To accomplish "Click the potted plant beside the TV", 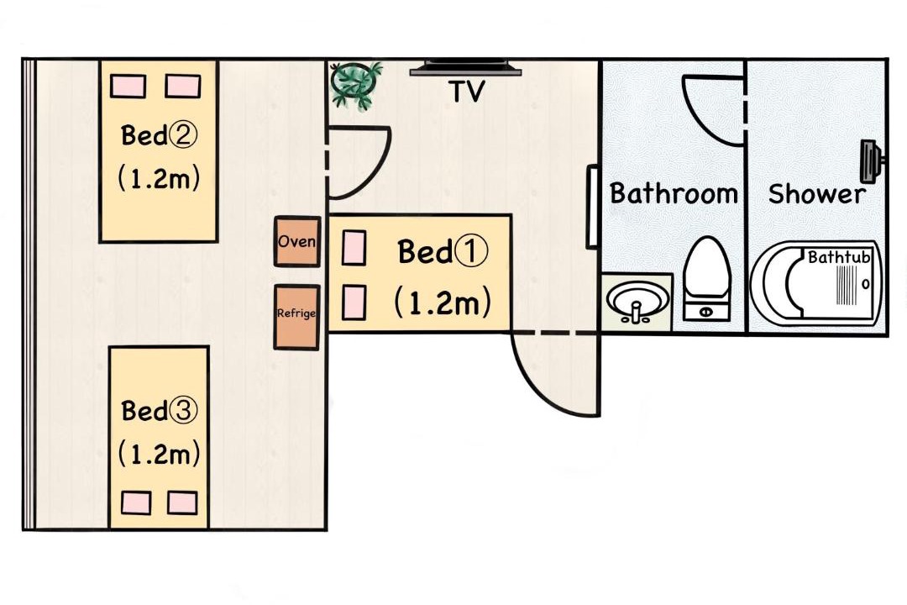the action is [355, 84].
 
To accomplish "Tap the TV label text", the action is [466, 92].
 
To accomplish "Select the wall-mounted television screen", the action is [465, 68].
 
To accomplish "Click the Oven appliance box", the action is [296, 241].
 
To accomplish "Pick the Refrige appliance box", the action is [296, 317].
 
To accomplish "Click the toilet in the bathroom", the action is [705, 278].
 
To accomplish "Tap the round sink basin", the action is [637, 302].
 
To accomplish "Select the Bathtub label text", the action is [839, 256].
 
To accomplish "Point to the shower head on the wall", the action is [871, 160].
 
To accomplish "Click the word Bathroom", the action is [674, 192].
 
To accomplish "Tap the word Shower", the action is [817, 194].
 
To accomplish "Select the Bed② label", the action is [159, 135].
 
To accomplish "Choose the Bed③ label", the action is [159, 410].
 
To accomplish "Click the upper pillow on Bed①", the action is [354, 248].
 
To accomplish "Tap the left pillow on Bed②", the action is [128, 86].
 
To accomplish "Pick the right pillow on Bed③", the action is [182, 502].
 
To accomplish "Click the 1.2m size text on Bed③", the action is [159, 453].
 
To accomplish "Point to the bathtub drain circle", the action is [865, 284].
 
